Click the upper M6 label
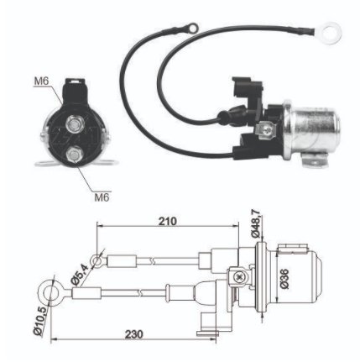click(41, 81)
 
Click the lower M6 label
click(102, 197)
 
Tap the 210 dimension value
click(168, 221)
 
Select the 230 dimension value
click(133, 334)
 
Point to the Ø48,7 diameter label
click(256, 223)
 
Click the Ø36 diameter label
click(284, 279)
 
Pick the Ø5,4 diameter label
click(80, 275)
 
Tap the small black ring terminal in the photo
click(193, 28)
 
